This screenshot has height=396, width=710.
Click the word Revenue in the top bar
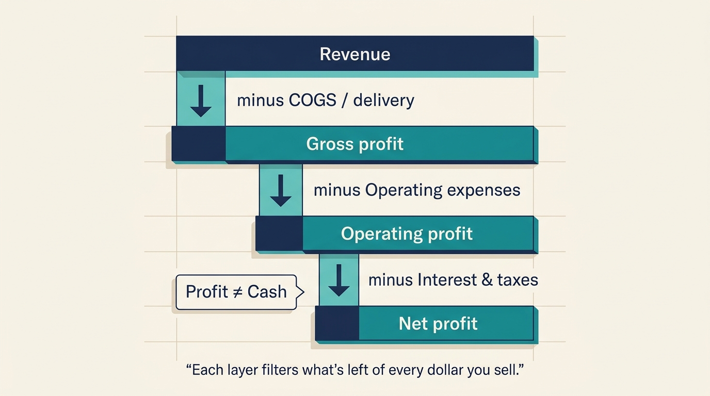click(355, 54)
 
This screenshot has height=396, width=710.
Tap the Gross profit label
click(355, 144)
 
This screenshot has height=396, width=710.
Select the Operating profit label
click(407, 234)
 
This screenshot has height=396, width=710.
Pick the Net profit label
click(438, 324)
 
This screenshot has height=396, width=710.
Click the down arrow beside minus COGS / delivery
click(201, 100)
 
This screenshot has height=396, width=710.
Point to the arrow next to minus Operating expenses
click(281, 190)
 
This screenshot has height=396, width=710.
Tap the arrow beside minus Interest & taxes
click(339, 280)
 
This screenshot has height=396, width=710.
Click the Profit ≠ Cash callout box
click(236, 292)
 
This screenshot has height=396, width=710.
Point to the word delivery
click(383, 100)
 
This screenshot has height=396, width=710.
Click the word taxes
click(518, 280)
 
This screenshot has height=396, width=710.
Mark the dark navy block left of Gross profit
click(199, 144)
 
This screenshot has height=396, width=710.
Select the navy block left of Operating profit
click(279, 234)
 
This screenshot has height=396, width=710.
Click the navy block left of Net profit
click(337, 324)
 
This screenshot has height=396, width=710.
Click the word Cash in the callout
click(267, 292)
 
